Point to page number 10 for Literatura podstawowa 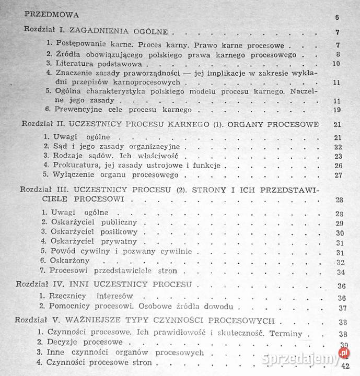pyautogui.click(x=336, y=64)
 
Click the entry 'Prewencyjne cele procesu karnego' pyautogui.click(x=120, y=109)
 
